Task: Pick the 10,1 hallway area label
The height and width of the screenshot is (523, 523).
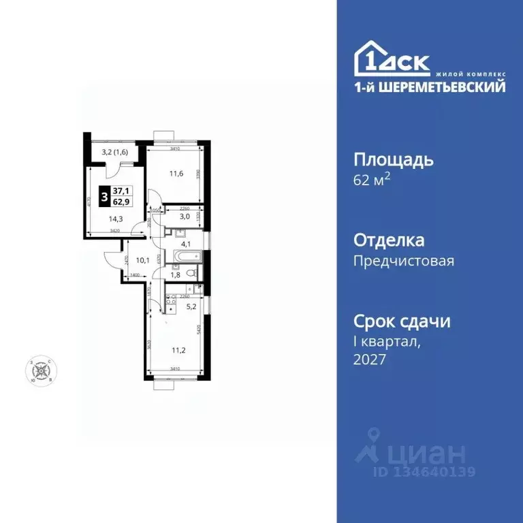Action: pos(142,259)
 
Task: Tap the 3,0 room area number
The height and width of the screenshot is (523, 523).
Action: pos(184,216)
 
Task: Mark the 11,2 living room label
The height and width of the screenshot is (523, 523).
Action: pos(178,351)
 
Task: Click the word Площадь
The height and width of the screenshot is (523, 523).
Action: pos(394,161)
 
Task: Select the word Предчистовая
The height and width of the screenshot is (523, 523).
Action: pos(404,261)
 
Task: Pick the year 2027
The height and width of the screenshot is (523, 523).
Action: pos(370,360)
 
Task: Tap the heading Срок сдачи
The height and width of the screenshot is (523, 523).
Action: pos(402,321)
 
